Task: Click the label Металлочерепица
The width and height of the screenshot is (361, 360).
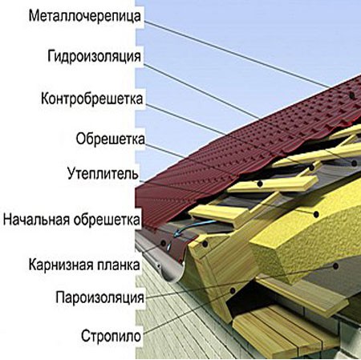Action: coord(85,16)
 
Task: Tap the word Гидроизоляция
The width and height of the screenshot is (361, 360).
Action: coord(94,56)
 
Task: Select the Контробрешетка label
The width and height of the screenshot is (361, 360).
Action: coord(92,99)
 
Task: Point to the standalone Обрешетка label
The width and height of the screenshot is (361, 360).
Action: coord(111,139)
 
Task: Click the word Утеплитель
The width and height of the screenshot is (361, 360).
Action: coord(103,173)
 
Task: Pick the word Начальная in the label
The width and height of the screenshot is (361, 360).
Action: coord(37,220)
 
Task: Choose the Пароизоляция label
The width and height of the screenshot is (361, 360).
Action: coord(100,297)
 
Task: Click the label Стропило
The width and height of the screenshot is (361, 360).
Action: coord(111,336)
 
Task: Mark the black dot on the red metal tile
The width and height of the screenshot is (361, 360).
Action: coord(352,95)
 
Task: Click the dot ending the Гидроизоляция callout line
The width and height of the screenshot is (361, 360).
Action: coord(355,163)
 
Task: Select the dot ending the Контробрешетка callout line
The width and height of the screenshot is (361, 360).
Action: coord(311,168)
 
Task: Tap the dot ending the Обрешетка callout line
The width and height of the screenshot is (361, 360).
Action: coord(260,184)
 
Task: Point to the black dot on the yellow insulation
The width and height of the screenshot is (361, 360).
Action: coord(316,214)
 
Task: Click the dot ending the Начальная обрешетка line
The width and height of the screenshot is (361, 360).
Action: coord(205,244)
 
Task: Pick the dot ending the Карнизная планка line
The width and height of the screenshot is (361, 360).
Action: coord(163,243)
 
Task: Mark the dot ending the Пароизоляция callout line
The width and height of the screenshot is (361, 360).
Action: coord(336,266)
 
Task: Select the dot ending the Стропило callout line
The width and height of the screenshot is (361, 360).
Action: coord(233,290)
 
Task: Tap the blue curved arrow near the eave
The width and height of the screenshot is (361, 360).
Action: coord(185,229)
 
